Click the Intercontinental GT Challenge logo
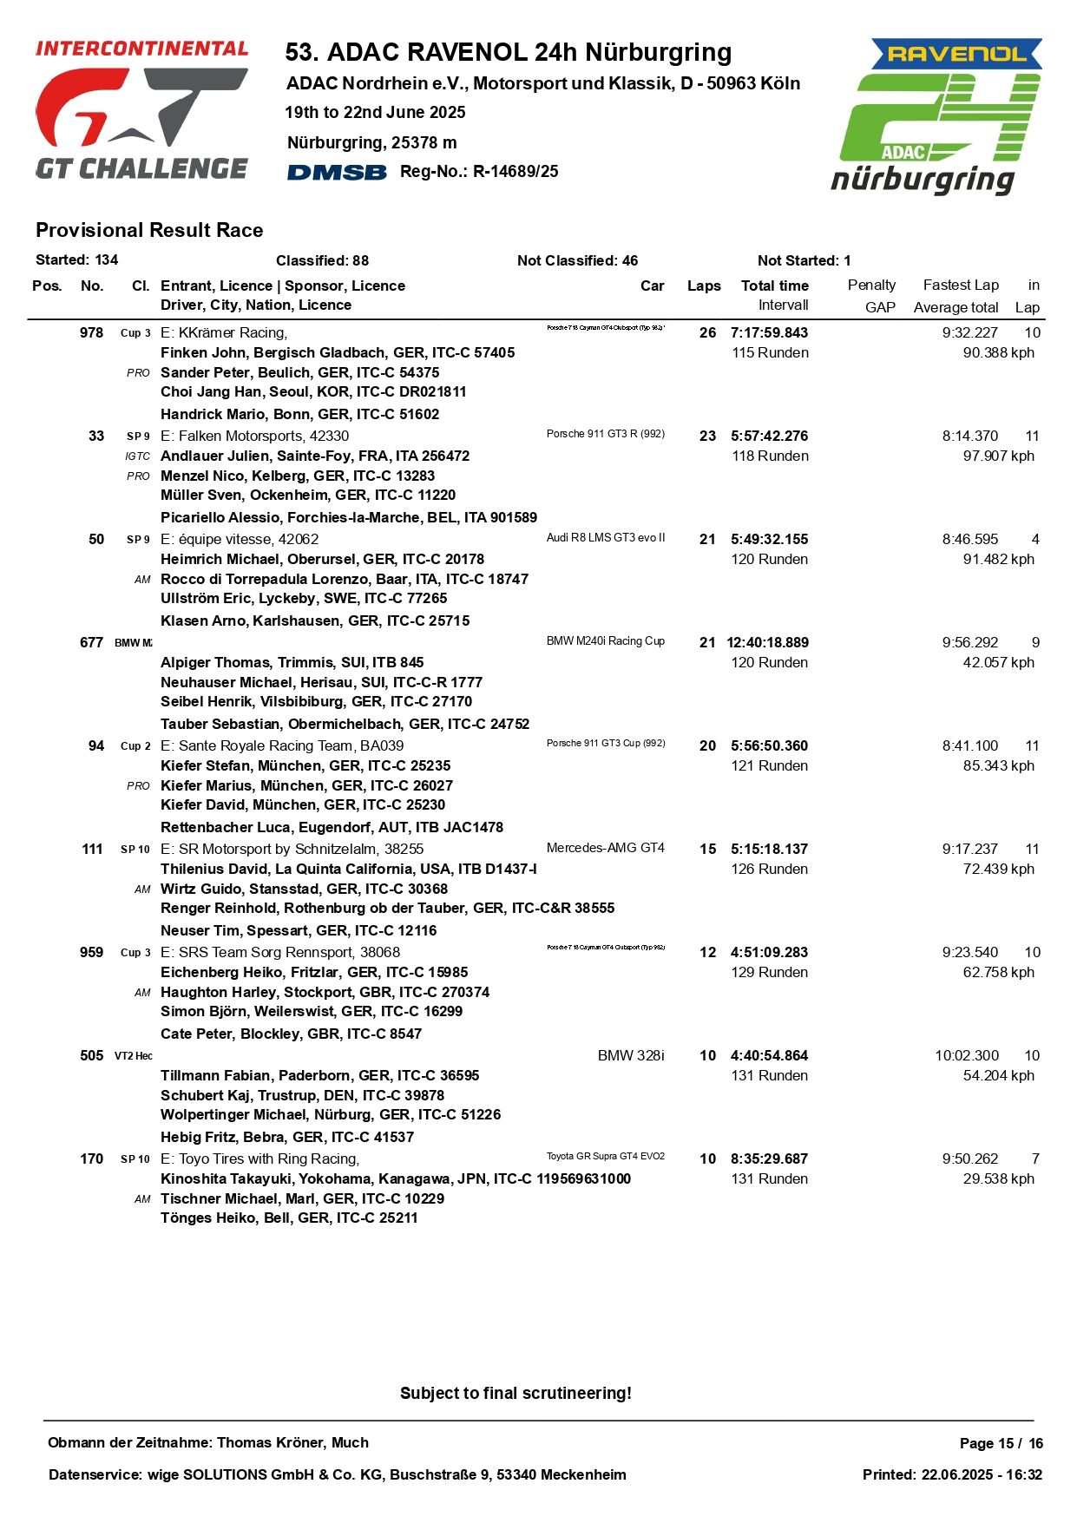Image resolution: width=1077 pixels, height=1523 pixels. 141,110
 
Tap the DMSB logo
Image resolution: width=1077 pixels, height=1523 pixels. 337,172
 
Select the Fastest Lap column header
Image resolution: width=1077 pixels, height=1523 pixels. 961,286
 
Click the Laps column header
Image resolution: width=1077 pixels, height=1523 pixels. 704,286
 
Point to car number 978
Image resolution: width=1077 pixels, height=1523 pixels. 91,333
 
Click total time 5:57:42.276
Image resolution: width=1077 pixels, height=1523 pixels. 769,437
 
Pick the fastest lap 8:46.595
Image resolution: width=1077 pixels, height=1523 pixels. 970,540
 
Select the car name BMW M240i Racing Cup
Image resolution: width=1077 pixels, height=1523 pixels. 606,641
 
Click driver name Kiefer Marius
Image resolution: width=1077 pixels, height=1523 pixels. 211,785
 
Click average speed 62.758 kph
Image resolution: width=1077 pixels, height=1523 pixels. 998,973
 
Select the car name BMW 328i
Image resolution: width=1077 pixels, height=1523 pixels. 631,1056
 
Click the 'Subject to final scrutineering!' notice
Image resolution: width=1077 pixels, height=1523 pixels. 516,1394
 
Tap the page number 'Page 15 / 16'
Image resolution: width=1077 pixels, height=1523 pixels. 1001,1444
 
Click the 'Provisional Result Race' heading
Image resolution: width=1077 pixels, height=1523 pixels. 149,231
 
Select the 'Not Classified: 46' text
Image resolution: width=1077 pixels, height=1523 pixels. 577,261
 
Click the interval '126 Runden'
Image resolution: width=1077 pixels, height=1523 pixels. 769,870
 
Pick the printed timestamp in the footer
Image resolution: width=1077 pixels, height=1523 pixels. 952,1475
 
